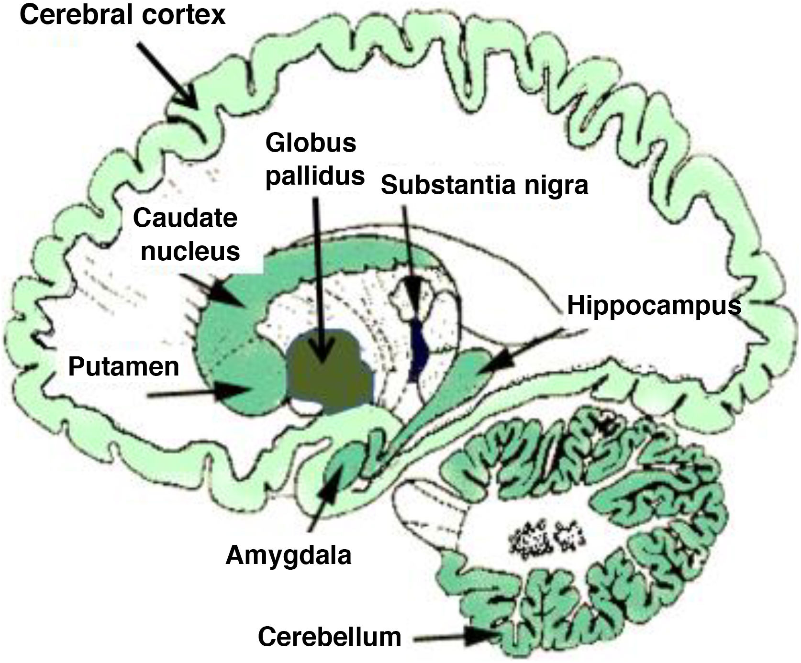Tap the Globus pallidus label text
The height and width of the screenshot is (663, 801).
314,159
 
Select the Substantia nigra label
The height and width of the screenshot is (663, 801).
484,185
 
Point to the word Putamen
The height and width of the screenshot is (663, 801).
123,366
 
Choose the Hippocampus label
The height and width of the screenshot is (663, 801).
654,306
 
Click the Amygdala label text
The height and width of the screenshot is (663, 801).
289,555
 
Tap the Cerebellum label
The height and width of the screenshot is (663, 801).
329,637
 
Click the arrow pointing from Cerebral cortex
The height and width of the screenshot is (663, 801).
167,74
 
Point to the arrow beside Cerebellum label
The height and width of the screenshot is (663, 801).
455,637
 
